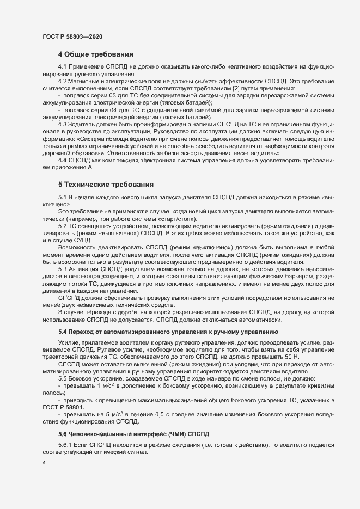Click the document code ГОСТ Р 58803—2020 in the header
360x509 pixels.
71,36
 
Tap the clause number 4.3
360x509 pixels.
62,124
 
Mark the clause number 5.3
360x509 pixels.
62,268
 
